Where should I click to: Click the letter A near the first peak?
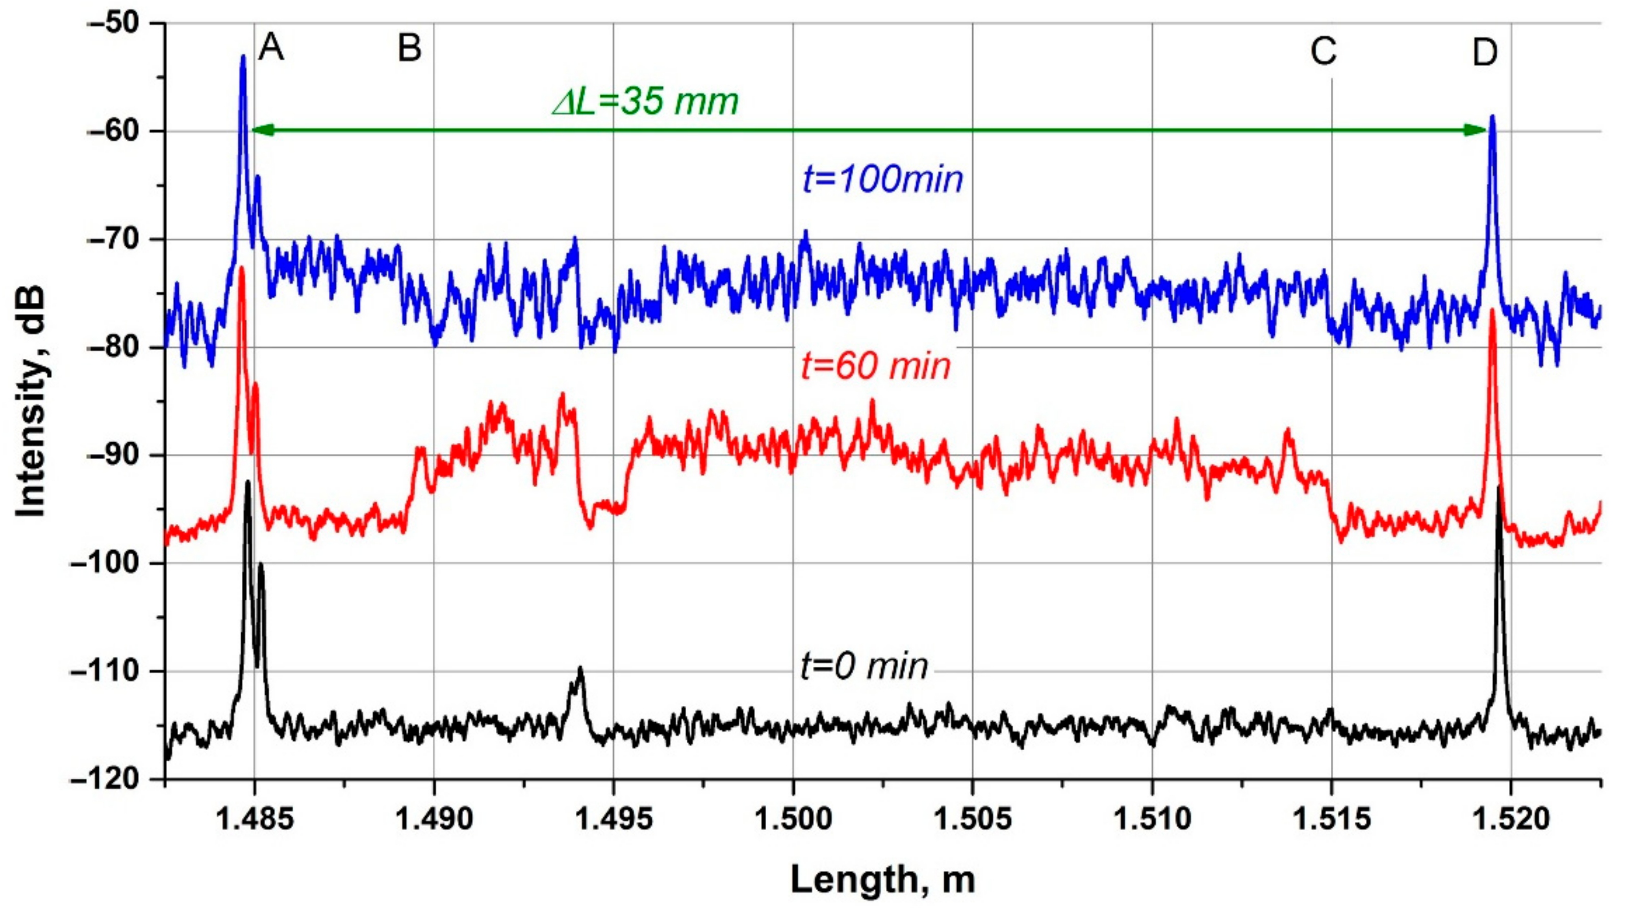point(271,48)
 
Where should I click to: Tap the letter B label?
point(409,48)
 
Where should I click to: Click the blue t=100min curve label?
point(883,179)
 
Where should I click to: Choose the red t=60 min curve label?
point(875,366)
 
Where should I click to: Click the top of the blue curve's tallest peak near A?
point(243,57)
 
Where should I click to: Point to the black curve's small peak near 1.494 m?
point(580,668)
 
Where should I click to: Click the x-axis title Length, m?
point(883,879)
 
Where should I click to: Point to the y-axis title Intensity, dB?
point(30,401)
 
